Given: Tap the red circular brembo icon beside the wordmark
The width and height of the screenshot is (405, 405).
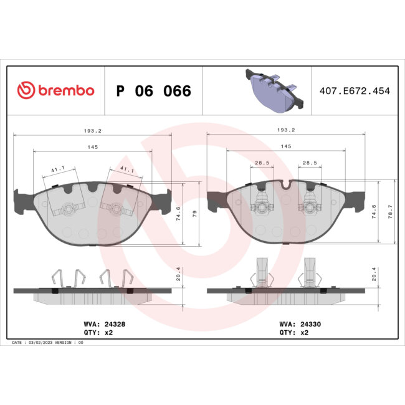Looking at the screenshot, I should [26, 91].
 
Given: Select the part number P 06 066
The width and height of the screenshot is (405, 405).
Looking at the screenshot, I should [153, 91].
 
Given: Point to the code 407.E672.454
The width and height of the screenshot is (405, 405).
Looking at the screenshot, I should [354, 91].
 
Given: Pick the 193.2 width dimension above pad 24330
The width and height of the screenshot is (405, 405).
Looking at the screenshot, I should [285, 131].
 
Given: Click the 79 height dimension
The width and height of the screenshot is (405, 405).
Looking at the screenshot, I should [195, 213].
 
